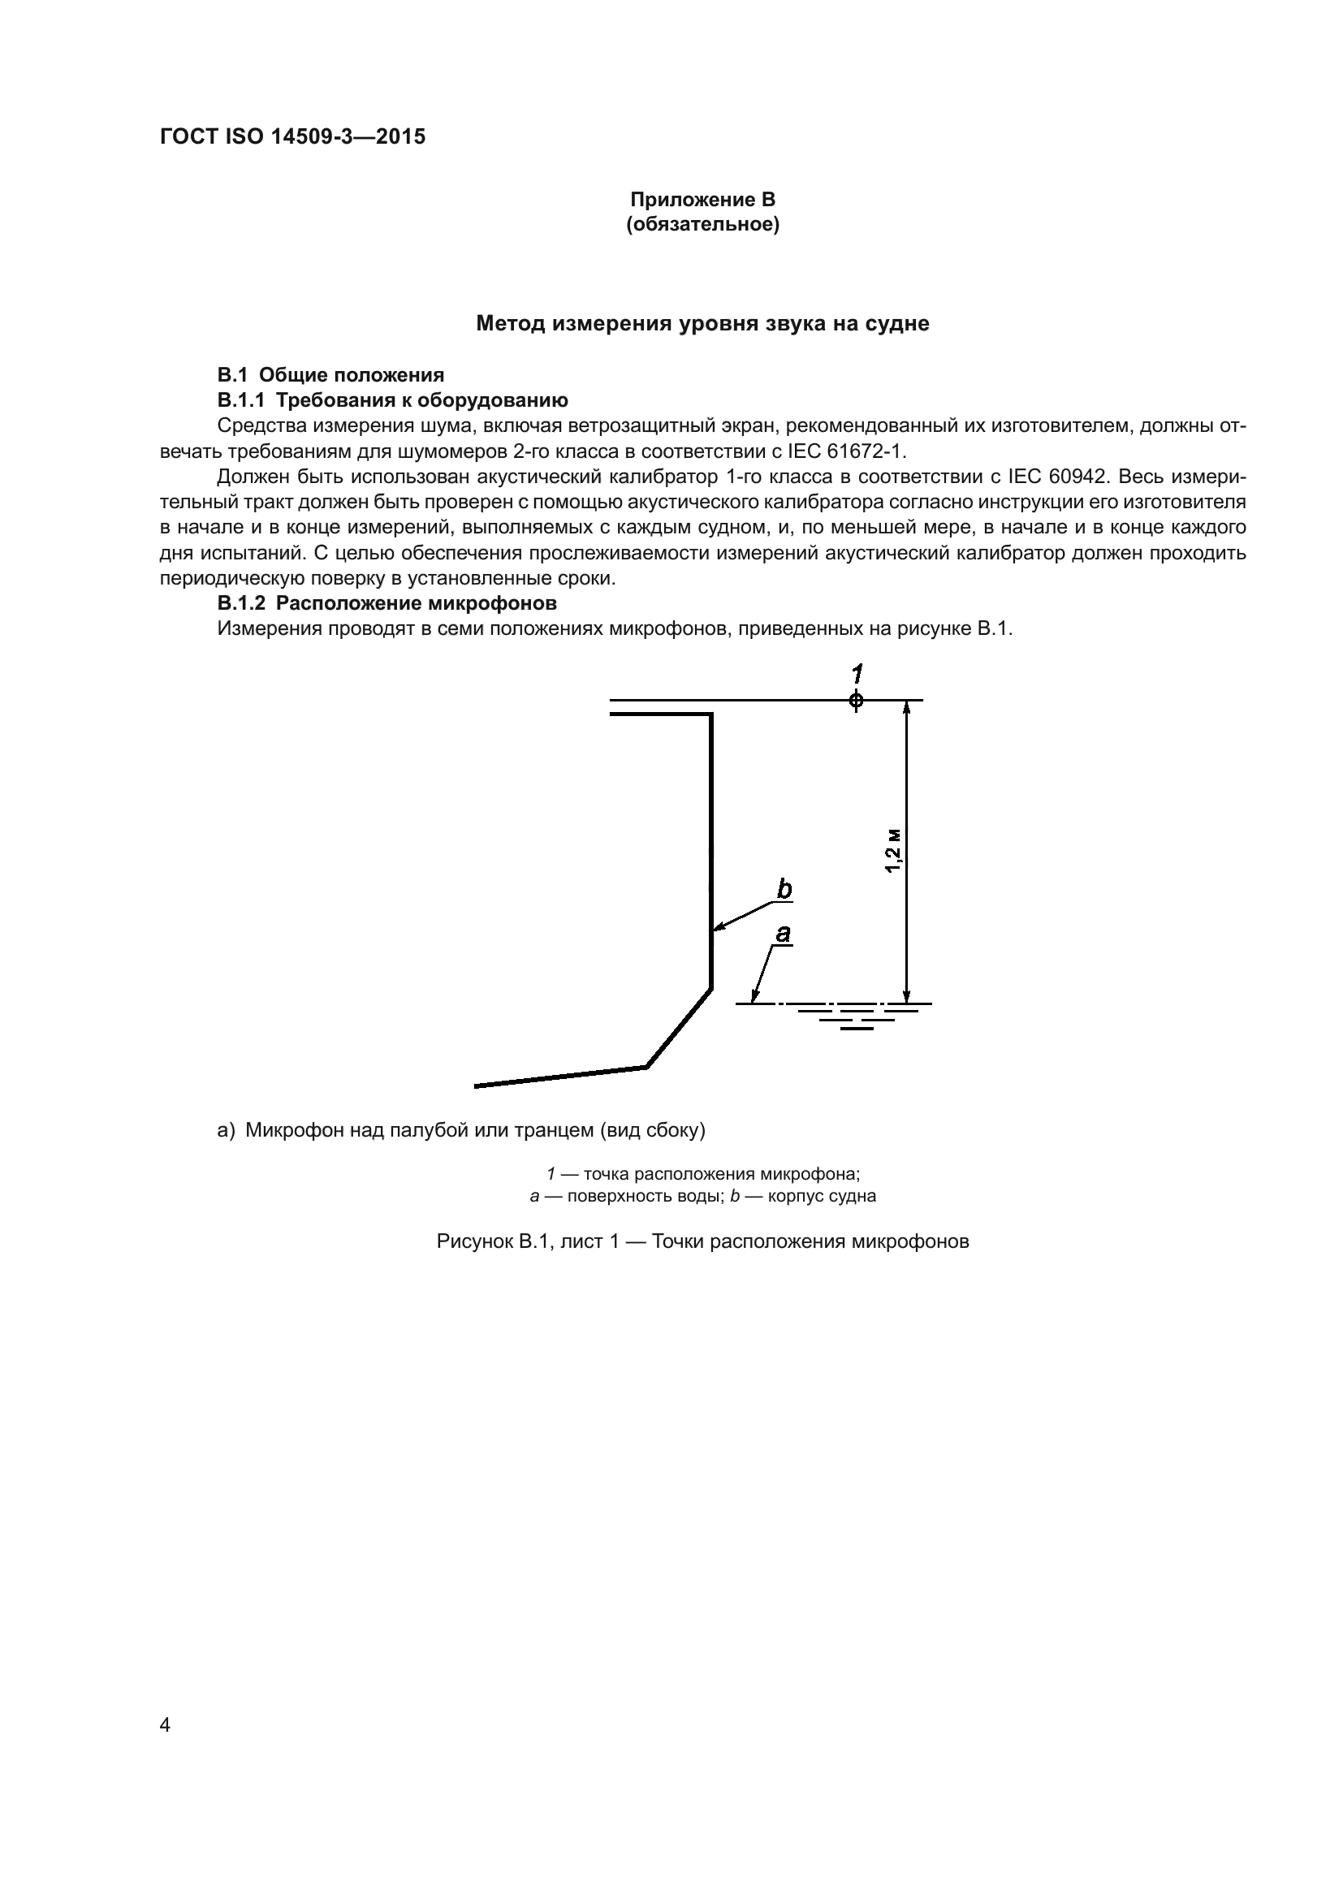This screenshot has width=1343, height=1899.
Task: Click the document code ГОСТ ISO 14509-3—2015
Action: (x=292, y=136)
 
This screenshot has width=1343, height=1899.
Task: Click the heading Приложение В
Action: (x=702, y=200)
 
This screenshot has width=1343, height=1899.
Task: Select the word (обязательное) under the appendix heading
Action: (x=702, y=224)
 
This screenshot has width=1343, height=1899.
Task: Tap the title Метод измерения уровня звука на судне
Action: (x=702, y=323)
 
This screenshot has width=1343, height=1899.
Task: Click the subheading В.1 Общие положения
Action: (x=330, y=376)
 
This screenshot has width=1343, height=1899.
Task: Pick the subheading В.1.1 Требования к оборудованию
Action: (x=392, y=401)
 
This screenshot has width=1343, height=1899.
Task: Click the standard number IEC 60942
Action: (x=1058, y=477)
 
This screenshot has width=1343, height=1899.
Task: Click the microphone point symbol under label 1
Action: (x=856, y=701)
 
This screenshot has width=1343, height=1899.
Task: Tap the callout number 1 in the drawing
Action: (x=857, y=672)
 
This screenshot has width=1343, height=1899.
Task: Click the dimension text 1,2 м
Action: (x=892, y=850)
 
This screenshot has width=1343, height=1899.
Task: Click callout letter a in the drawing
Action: (x=781, y=933)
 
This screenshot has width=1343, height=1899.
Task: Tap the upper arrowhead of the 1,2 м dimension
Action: (x=907, y=707)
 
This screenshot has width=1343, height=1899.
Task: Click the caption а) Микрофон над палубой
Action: (x=460, y=1130)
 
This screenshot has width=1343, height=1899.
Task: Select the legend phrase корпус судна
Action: (x=822, y=1196)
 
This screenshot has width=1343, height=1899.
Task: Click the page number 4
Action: (x=165, y=1724)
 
